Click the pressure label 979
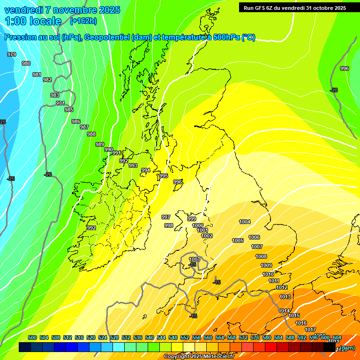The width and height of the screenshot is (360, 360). [x=12, y=55]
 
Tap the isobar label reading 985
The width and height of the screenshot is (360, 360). [x=69, y=110]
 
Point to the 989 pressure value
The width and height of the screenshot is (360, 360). [x=100, y=144]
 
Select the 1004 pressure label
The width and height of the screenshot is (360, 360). [x=245, y=222]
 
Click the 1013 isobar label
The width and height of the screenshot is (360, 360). [x=285, y=297]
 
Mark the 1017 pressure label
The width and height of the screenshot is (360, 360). [x=310, y=330]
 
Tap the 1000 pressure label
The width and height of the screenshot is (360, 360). [x=198, y=225]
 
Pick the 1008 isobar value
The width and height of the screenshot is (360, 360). [x=261, y=256]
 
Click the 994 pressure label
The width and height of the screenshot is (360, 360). [x=146, y=170]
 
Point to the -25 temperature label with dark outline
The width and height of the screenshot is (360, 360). [x=11, y=179]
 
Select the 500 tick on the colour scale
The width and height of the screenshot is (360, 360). [x=32, y=337]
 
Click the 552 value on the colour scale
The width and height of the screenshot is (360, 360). [x=185, y=337]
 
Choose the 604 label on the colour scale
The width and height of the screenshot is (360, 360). [x=337, y=337]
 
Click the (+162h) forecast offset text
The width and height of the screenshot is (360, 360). [x=83, y=21]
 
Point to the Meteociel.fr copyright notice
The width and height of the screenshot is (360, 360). [x=199, y=356]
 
